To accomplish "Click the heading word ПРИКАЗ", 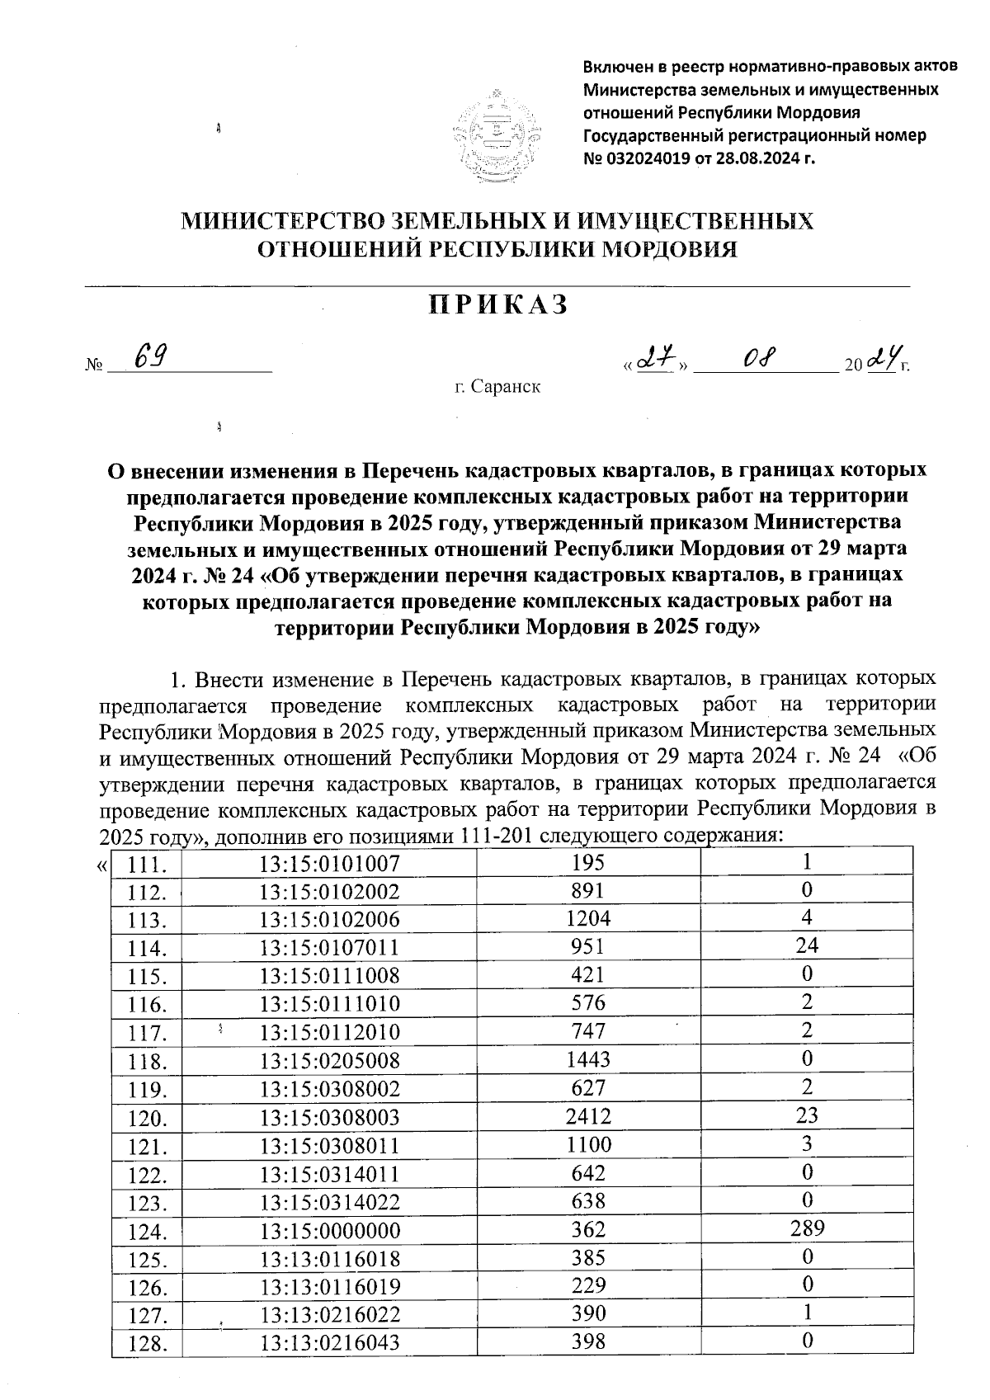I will (x=498, y=304).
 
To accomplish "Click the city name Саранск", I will (x=506, y=386).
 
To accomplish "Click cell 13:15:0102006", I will (x=329, y=920).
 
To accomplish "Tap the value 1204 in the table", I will (x=589, y=918).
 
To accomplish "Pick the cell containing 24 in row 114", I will (x=807, y=945).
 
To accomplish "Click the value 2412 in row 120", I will (x=589, y=1116).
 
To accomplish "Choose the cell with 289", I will (x=807, y=1228).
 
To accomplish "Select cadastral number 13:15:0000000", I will (x=329, y=1230).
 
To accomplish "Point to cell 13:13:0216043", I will (x=329, y=1342).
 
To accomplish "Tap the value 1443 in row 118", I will (x=589, y=1059).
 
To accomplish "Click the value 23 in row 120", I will (x=807, y=1115).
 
